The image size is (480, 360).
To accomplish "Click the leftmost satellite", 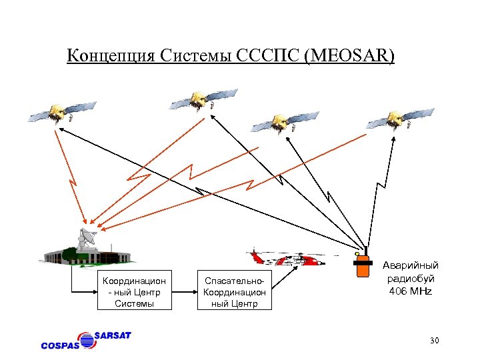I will pyautogui.click(x=61, y=111).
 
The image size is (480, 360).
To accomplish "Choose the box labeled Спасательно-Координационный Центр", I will pyautogui.click(x=235, y=290).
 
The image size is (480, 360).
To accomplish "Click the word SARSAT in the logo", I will pyautogui.click(x=112, y=335).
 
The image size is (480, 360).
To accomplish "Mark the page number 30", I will pyautogui.click(x=434, y=341).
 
